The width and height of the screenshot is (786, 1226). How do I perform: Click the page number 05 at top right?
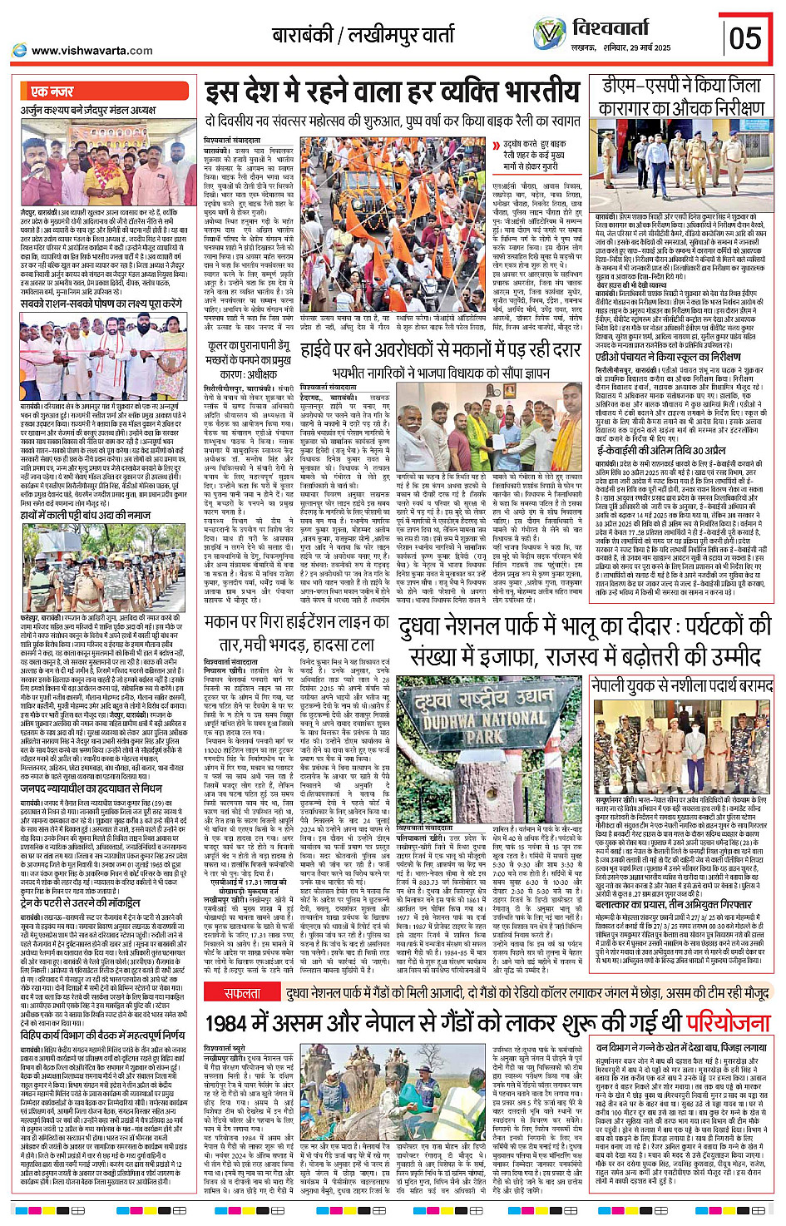(744, 37)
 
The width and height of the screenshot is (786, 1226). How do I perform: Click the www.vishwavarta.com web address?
(91, 51)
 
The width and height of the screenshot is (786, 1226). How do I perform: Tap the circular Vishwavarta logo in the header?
(549, 34)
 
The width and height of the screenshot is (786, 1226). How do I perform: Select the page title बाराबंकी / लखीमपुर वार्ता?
(363, 35)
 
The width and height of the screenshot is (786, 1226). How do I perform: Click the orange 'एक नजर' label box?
(52, 91)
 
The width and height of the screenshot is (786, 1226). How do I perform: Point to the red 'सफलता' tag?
(241, 993)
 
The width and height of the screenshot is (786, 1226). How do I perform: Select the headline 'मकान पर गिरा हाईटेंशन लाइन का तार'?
(296, 633)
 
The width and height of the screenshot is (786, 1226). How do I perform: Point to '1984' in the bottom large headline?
(226, 1021)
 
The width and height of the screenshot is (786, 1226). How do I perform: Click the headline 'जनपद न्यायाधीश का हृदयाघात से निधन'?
(91, 788)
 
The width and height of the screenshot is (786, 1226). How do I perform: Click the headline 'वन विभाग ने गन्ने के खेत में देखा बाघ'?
(681, 1048)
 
